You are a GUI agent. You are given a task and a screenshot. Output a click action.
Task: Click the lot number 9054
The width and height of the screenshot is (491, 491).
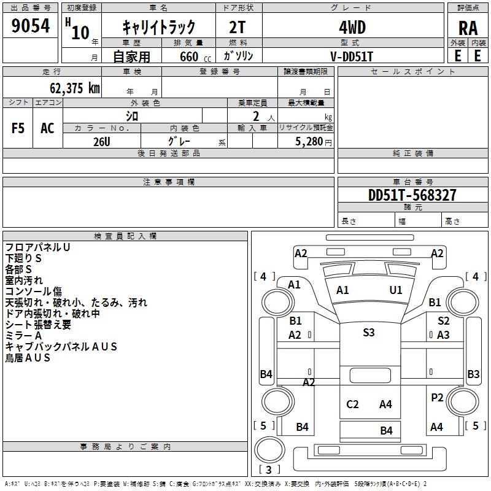coord(30,25)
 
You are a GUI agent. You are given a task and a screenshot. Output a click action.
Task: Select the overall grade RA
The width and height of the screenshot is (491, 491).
coord(468,28)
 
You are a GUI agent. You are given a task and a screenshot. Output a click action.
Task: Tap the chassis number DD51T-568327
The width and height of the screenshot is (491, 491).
coord(412,195)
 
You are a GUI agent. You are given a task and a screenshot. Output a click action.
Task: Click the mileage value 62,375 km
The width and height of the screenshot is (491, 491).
coord(75,88)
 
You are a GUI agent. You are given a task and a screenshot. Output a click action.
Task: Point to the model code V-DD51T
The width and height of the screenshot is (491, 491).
coord(352,56)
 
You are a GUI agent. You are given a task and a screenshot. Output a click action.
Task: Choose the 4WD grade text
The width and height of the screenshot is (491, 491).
coord(352,28)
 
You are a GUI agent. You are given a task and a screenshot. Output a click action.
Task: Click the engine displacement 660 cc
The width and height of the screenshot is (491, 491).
coord(195,56)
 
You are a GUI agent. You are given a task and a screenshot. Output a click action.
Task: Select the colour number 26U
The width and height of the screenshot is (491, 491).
coord(102,142)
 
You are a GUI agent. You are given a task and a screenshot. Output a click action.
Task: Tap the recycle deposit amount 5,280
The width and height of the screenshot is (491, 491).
coord(309,142)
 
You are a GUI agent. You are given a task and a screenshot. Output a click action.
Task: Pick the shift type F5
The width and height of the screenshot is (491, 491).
coord(18,128)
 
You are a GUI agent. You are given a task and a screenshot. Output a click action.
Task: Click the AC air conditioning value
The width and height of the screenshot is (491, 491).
coord(47,128)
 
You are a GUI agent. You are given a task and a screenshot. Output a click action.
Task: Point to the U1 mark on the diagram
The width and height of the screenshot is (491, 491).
coord(396,290)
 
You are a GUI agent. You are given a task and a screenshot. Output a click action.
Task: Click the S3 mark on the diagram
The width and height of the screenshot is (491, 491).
coord(369,332)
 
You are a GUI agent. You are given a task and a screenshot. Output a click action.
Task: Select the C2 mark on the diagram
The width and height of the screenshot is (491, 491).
coord(352,404)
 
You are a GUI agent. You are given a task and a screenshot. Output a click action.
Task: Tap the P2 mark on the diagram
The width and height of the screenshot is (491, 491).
coord(437,397)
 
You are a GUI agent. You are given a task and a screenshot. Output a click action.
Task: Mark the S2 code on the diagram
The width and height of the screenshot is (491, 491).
coord(443,320)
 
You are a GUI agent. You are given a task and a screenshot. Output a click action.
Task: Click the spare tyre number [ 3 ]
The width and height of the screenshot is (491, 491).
coord(269,470)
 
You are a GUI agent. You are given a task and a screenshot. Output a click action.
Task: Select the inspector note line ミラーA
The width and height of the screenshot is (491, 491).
coord(23,336)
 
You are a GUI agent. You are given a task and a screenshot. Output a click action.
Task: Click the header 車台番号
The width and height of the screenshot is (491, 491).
coord(413,182)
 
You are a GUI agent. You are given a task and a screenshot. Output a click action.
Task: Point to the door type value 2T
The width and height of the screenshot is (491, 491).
coord(238,28)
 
